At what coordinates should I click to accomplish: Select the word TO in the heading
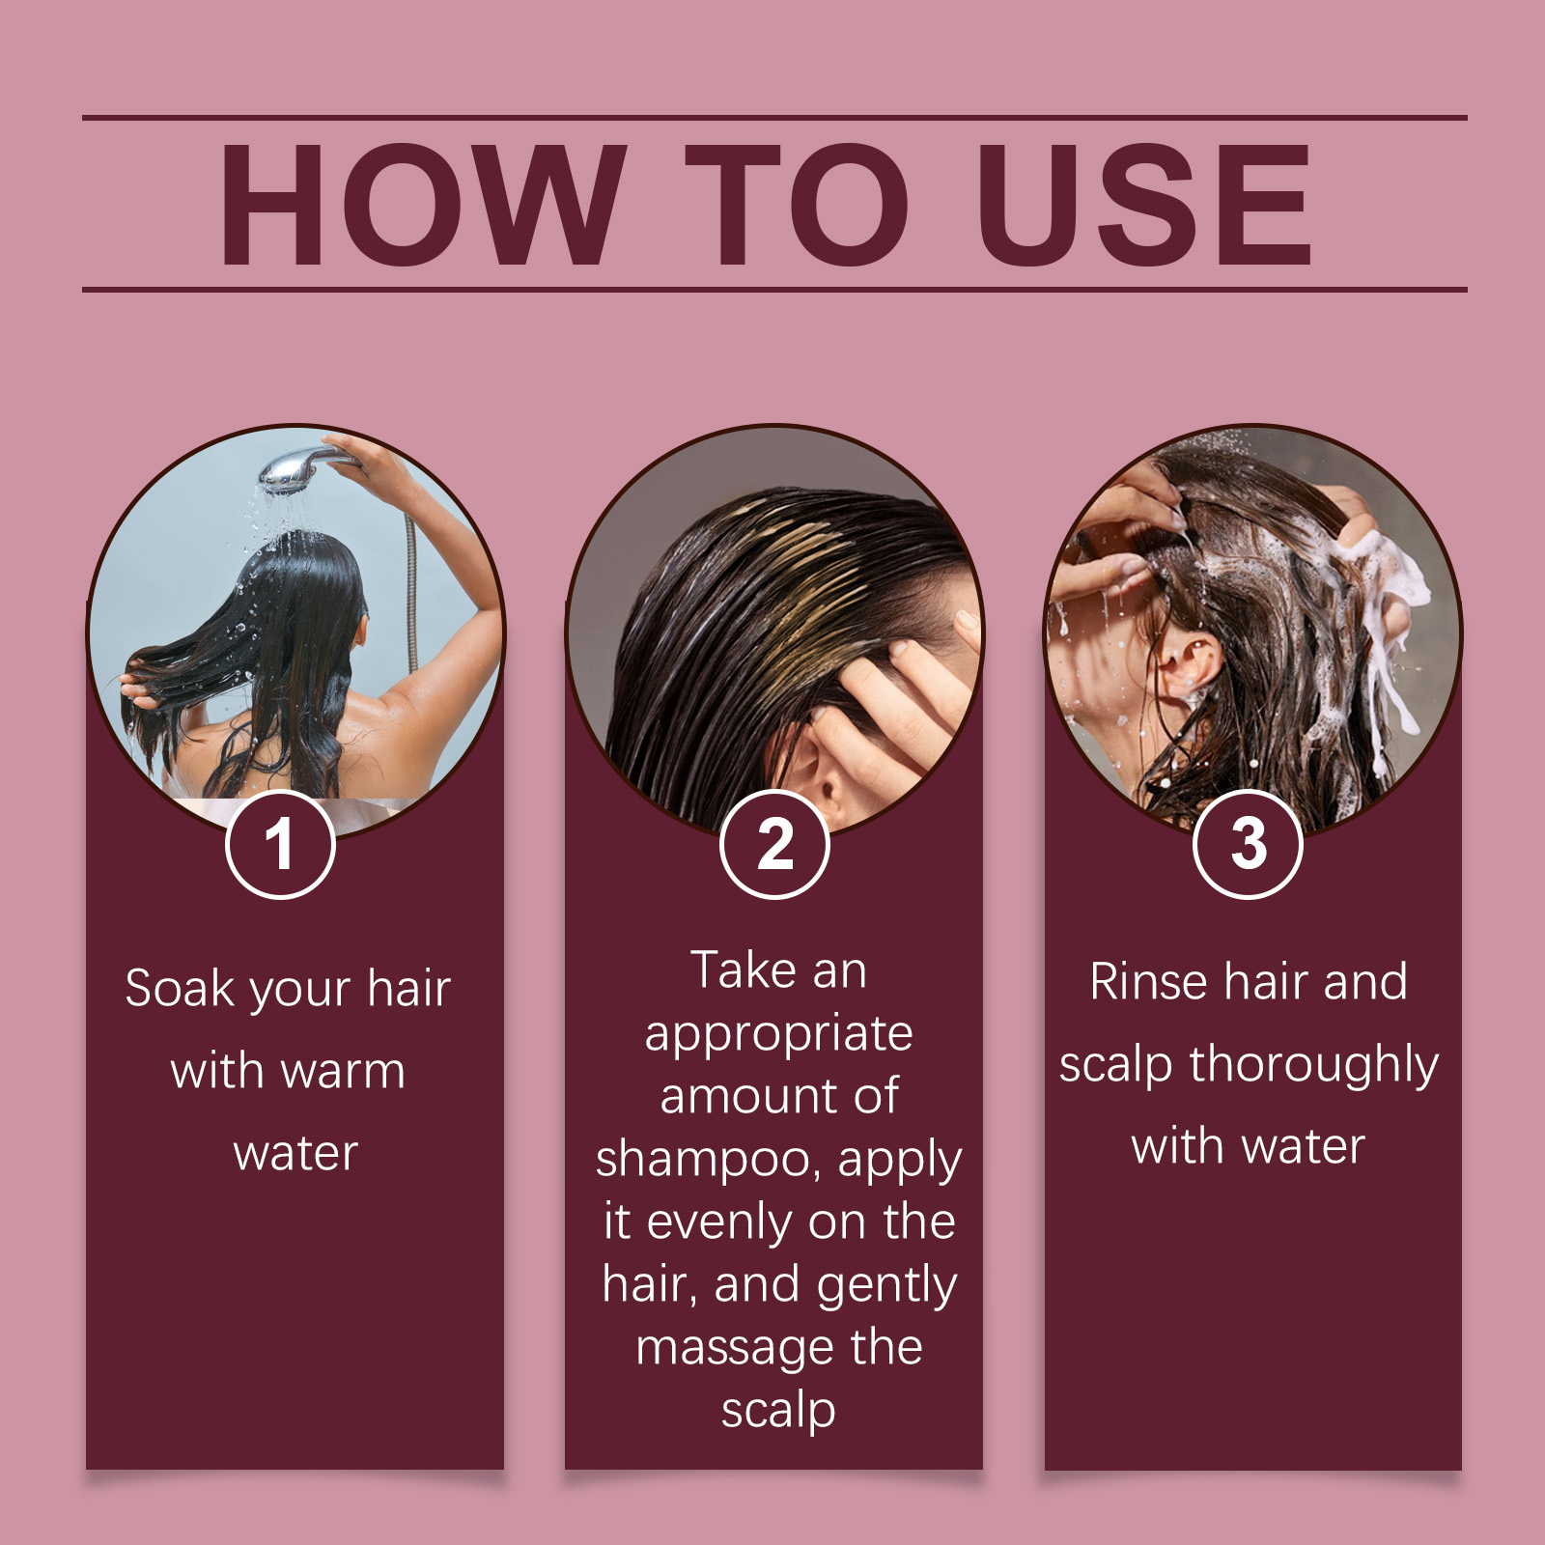click(x=797, y=204)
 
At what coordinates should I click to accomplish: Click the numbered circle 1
click(x=280, y=844)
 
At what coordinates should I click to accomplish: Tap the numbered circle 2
click(x=774, y=844)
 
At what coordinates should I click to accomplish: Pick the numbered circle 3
click(x=1248, y=844)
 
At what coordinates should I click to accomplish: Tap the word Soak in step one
click(x=180, y=988)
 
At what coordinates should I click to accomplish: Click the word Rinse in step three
click(x=1148, y=982)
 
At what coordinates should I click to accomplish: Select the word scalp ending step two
click(x=778, y=1412)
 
